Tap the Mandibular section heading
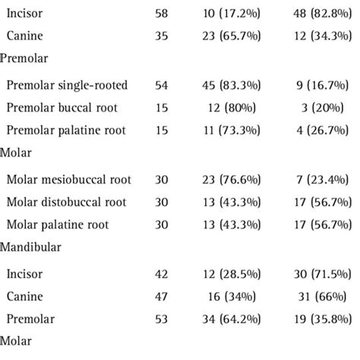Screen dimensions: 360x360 (30, 247)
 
